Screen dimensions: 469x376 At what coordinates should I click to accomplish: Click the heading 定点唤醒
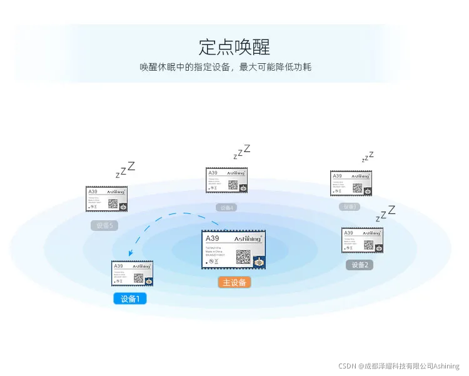[234, 46]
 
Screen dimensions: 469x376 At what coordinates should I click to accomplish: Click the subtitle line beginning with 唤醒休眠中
[226, 67]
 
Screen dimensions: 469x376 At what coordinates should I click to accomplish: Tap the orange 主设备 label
[234, 282]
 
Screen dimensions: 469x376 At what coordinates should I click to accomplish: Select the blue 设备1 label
[130, 298]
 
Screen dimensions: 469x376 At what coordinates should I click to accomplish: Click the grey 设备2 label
[360, 265]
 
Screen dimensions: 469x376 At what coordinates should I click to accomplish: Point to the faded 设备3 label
[350, 206]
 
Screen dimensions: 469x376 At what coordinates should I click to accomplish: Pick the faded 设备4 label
[226, 207]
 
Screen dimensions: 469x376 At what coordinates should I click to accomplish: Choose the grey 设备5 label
[104, 225]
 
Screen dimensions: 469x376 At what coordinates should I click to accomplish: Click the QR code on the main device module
[244, 257]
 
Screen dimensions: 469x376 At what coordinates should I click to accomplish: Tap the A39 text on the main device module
[213, 238]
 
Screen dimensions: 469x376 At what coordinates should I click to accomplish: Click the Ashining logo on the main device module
[248, 239]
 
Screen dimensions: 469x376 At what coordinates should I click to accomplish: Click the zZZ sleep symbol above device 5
[125, 170]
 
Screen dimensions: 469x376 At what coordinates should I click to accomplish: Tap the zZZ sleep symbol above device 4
[241, 151]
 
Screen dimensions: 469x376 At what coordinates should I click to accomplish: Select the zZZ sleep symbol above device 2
[385, 213]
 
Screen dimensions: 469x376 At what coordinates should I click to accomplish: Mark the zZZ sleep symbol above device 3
[368, 156]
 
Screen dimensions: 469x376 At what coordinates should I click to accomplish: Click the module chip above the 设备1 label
[132, 273]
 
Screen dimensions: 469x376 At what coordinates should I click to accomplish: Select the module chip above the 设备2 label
[362, 240]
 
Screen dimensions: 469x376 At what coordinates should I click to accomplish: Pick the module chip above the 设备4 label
[227, 180]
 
